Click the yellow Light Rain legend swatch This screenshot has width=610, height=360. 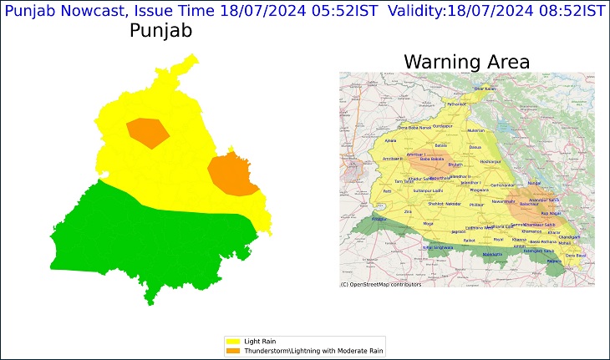click(x=232, y=342)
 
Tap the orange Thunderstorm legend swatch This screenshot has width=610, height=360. click(x=232, y=350)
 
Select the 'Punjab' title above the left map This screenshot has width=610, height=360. click(x=161, y=32)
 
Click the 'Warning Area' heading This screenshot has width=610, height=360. click(x=466, y=62)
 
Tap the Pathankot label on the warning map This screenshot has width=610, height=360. click(x=455, y=104)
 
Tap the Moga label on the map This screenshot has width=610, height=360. click(x=429, y=224)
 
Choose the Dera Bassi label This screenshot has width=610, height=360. click(x=577, y=255)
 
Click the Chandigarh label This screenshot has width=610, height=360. click(x=569, y=237)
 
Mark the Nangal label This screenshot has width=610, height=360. click(x=535, y=182)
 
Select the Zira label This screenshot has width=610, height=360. click(x=407, y=212)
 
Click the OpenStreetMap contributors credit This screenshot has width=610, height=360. click(x=381, y=285)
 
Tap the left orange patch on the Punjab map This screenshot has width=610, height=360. click(x=147, y=129)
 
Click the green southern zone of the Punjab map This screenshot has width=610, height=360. click(x=150, y=242)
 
